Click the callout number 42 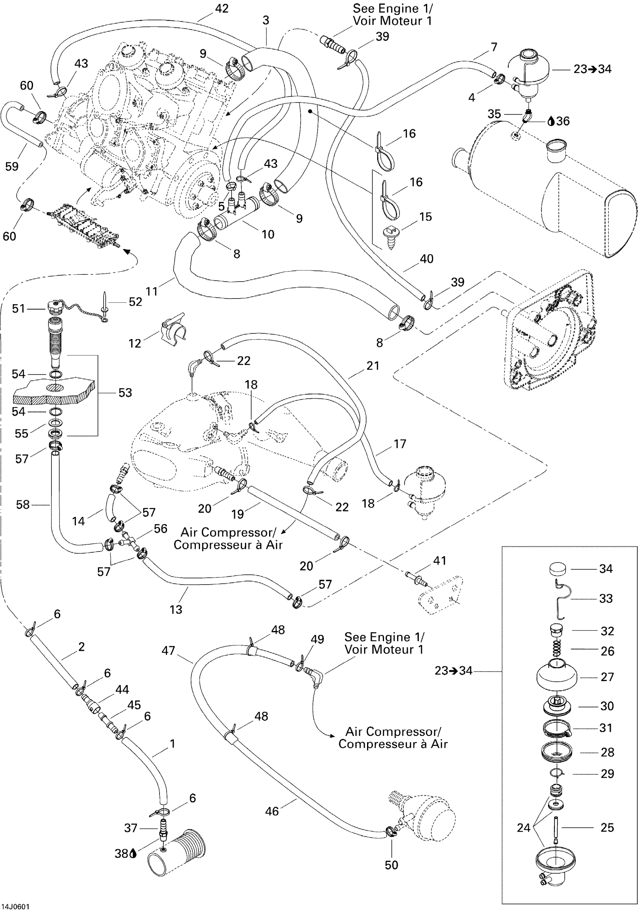(221, 8)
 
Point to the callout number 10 (268, 234)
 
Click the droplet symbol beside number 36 (551, 121)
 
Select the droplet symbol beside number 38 (132, 853)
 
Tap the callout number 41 (439, 561)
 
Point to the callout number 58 (23, 505)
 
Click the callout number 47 (169, 650)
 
